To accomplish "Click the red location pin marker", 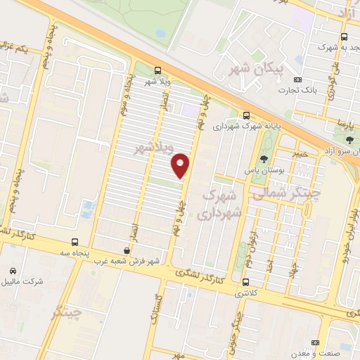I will pos(181,165).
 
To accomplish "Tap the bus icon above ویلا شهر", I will pos(157,70).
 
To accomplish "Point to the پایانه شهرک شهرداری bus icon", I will pos(246,115).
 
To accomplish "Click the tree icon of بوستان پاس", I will pos(264,158).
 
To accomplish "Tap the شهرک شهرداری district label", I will pos(221,201).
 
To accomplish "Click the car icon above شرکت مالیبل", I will pos(13,271).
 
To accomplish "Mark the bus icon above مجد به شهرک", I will pos(344,37).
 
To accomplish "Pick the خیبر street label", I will pos(300,153).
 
